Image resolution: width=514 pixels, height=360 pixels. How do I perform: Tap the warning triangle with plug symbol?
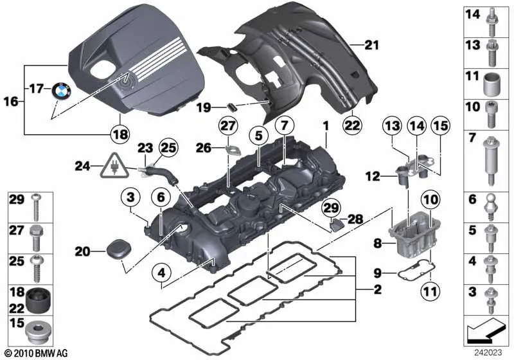pyautogui.click(x=114, y=166)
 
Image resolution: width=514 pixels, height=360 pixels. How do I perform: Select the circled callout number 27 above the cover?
pyautogui.click(x=228, y=126)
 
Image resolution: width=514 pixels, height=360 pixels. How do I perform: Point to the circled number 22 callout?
pyautogui.click(x=352, y=125)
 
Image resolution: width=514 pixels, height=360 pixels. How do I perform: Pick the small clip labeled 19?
pyautogui.click(x=232, y=107)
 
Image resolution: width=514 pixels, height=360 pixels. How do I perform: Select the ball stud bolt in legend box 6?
pyautogui.click(x=490, y=208)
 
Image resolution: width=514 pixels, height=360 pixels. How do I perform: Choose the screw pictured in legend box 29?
pyautogui.click(x=36, y=207)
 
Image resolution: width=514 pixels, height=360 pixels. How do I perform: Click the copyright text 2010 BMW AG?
pyautogui.click(x=36, y=353)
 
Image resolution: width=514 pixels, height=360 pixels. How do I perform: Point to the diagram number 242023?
pyautogui.click(x=488, y=352)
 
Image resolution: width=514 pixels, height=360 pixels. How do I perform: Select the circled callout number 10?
pyautogui.click(x=431, y=199)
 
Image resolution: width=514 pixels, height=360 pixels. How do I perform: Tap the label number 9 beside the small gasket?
pyautogui.click(x=378, y=273)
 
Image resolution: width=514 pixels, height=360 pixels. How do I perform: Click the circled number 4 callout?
pyautogui.click(x=162, y=273)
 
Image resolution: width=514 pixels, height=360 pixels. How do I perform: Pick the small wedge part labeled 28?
pyautogui.click(x=335, y=225)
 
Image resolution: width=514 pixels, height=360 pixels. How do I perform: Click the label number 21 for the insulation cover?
pyautogui.click(x=372, y=45)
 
